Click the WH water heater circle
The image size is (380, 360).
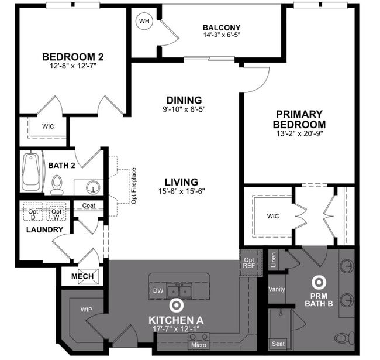click(x=144, y=22)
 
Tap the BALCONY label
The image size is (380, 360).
click(x=221, y=28)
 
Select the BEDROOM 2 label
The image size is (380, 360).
click(x=73, y=57)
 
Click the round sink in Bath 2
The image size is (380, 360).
click(x=92, y=187)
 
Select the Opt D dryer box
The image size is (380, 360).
click(x=33, y=214)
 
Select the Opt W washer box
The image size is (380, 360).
click(x=56, y=214)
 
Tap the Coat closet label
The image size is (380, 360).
click(x=88, y=205)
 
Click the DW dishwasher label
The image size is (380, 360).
click(x=157, y=290)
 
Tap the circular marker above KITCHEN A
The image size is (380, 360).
click(x=175, y=305)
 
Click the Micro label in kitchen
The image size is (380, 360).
click(x=198, y=345)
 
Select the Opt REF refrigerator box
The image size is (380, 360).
click(x=248, y=262)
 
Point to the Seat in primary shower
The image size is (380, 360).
click(x=277, y=344)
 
